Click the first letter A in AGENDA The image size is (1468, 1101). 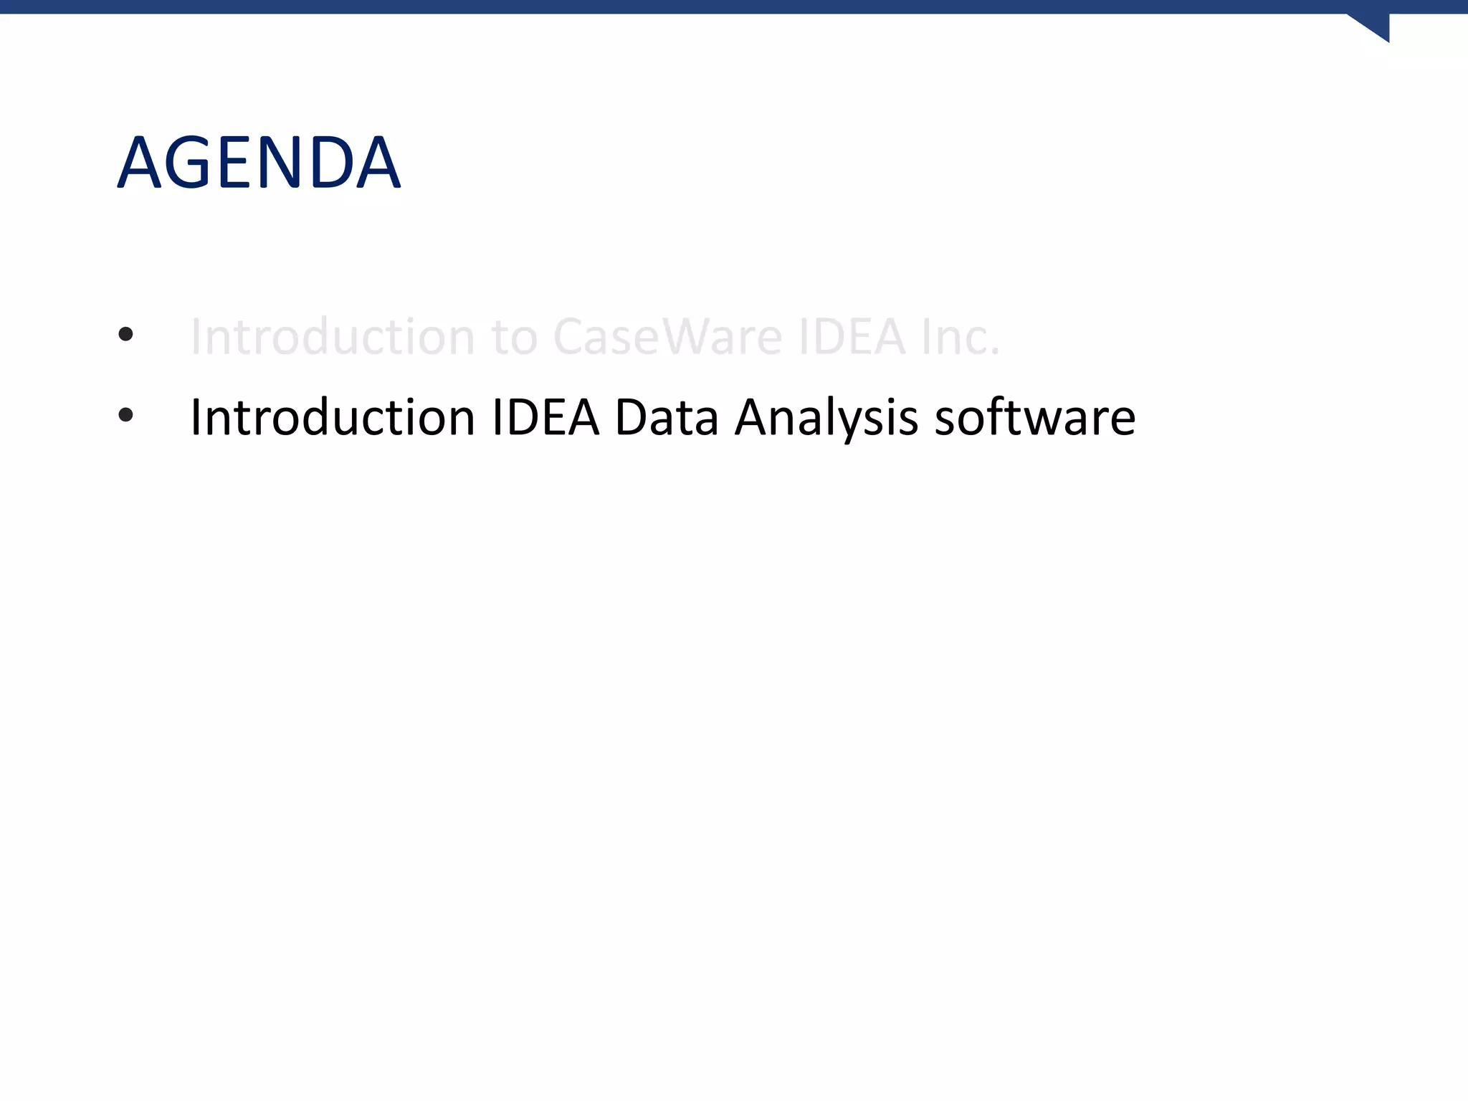click(142, 163)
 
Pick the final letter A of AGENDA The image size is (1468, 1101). click(377, 163)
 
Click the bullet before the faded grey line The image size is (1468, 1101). click(126, 334)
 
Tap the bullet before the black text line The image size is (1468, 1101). click(126, 414)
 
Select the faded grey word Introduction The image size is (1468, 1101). click(332, 337)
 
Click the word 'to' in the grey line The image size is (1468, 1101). click(514, 338)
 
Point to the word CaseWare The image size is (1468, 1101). click(667, 337)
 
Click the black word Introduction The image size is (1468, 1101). click(332, 417)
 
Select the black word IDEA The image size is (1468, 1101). click(545, 417)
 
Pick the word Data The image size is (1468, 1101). click(667, 417)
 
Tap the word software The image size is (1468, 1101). click(1035, 417)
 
